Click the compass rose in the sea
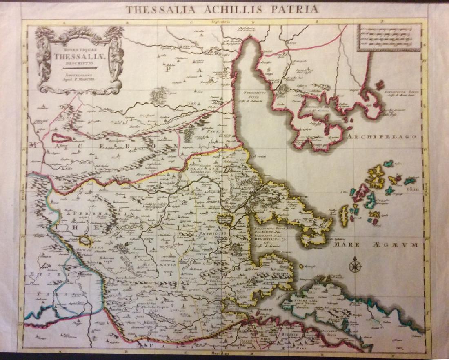(355, 266)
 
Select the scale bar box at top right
(389, 37)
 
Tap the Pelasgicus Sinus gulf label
(268, 229)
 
